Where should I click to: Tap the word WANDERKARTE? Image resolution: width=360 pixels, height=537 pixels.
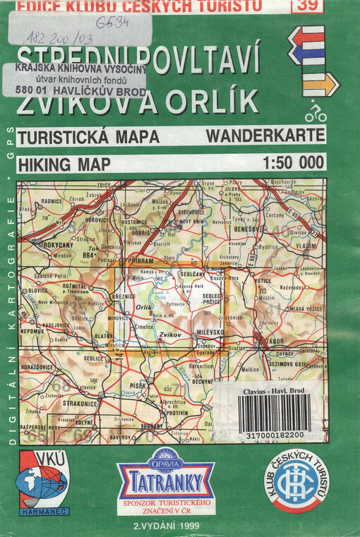point(266,135)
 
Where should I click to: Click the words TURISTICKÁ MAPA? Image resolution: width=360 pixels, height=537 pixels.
point(88,135)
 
